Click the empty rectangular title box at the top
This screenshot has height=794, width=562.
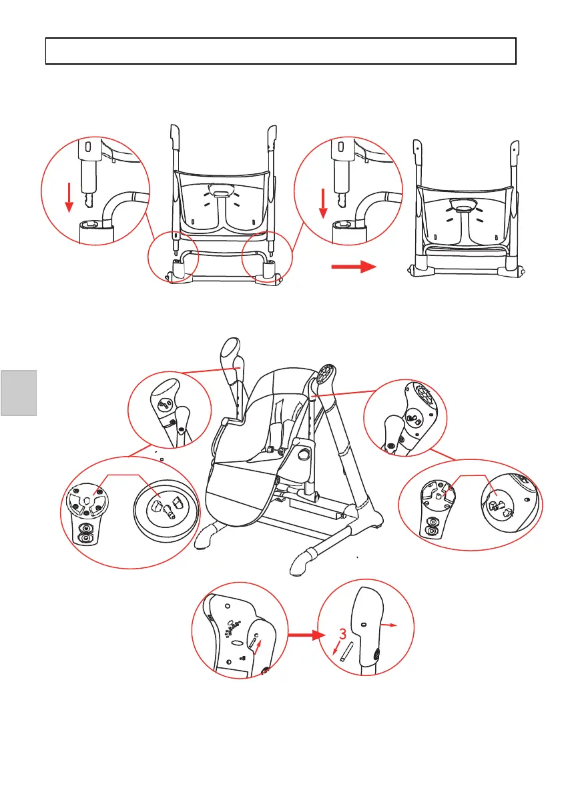click(280, 51)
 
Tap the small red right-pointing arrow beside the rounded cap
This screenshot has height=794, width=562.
click(390, 625)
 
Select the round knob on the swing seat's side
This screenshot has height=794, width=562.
click(304, 455)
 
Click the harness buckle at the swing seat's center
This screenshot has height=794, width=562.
click(272, 449)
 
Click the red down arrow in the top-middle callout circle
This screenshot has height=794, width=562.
click(322, 203)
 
